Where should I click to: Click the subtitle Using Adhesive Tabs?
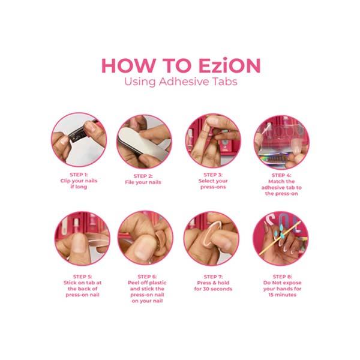pos(180,82)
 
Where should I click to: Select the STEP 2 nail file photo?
pos(144,141)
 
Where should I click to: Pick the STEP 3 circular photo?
pos(213,141)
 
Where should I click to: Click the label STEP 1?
pos(78,175)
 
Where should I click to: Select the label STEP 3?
pos(214,175)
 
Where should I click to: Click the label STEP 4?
pos(282,175)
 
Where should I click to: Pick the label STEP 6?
pos(145,277)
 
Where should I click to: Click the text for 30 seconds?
pos(213,289)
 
